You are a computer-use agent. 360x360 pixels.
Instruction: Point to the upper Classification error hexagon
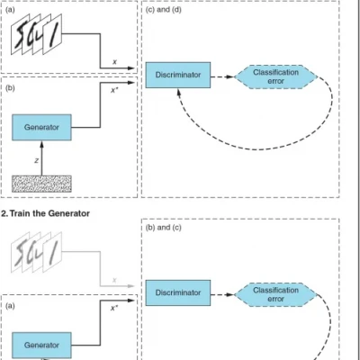click(x=275, y=76)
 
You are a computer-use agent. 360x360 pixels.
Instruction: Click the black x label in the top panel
click(x=113, y=62)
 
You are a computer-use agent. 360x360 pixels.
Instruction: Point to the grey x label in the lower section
click(x=113, y=278)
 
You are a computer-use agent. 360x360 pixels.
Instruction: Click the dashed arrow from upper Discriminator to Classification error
click(x=225, y=76)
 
